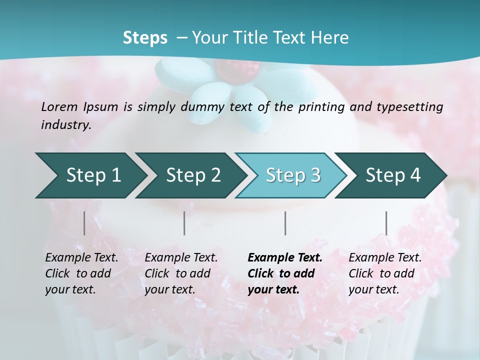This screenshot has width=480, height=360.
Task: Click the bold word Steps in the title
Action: click(145, 38)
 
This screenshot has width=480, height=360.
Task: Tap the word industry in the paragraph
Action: click(66, 125)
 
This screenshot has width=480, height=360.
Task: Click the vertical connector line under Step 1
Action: click(84, 223)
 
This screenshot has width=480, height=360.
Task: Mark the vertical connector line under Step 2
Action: click(184, 223)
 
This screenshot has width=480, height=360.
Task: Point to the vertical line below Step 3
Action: click(285, 223)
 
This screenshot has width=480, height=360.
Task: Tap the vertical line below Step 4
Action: click(386, 223)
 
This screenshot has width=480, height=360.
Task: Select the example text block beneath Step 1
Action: click(81, 273)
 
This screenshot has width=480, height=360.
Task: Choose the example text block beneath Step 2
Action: click(181, 273)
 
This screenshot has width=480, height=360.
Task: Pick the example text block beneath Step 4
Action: click(385, 273)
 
